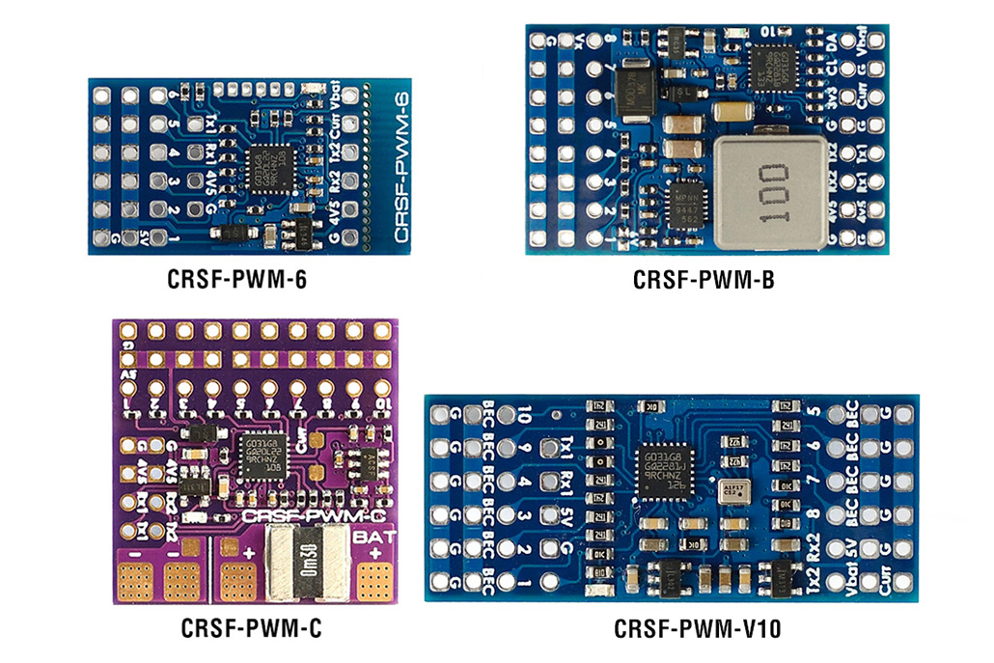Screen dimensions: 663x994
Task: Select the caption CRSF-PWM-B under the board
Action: pyautogui.click(x=704, y=281)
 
